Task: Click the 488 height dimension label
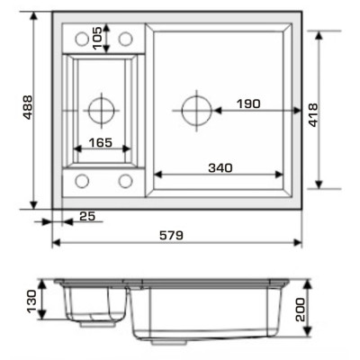(x=28, y=107)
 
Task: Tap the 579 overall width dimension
(x=171, y=235)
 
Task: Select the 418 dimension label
(x=313, y=115)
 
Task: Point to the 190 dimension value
(x=248, y=103)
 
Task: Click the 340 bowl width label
(x=220, y=167)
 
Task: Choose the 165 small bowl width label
(x=101, y=142)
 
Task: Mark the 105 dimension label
(x=97, y=38)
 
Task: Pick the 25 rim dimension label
(x=87, y=216)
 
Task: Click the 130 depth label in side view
(x=31, y=301)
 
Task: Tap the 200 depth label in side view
(x=300, y=310)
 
